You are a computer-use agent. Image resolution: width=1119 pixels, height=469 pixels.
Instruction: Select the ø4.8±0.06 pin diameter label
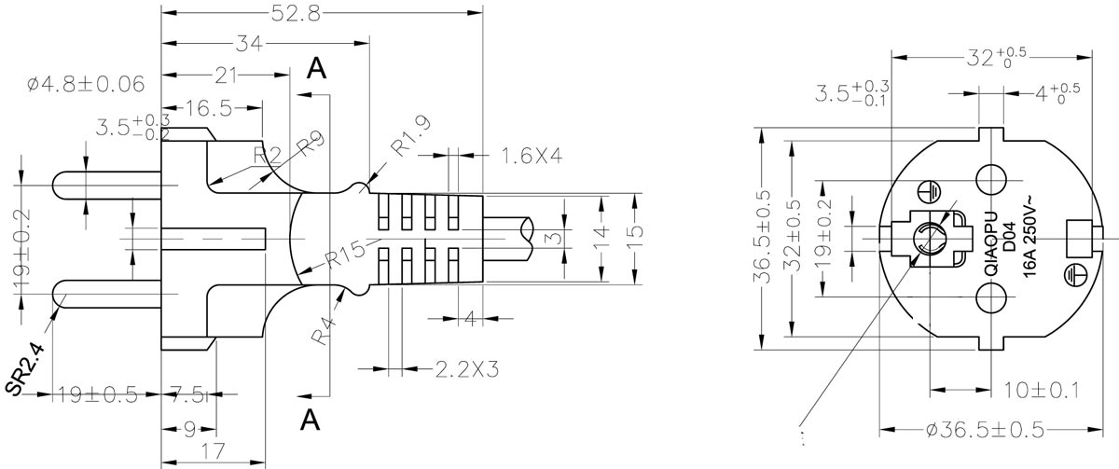coord(86,85)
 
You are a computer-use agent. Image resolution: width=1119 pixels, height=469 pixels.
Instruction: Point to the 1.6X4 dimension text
coord(531,155)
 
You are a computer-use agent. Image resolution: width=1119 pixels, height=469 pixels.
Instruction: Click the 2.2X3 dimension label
coord(465,369)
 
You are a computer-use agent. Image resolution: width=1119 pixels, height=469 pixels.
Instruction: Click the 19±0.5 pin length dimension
coord(96,395)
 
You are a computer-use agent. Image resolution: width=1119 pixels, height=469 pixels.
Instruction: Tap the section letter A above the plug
coord(317,69)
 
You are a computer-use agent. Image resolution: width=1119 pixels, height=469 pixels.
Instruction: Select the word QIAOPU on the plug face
coord(990,244)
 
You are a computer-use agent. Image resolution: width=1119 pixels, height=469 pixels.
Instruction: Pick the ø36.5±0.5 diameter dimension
coord(987,430)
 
